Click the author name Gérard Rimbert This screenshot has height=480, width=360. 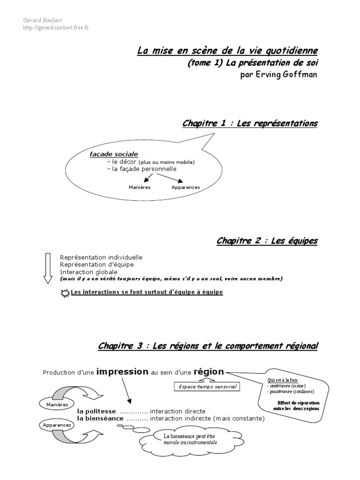point(39,20)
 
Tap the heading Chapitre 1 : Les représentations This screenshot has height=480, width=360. point(249,123)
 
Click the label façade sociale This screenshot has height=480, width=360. point(114,154)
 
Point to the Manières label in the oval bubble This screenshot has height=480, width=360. point(139,187)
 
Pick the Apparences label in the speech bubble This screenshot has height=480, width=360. point(186,187)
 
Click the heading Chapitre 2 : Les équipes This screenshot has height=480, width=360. point(267,241)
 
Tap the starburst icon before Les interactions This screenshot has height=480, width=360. point(65,292)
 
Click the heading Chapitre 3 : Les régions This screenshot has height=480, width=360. point(208,346)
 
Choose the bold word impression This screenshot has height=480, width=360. point(122,372)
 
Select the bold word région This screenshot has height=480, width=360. point(209,372)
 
